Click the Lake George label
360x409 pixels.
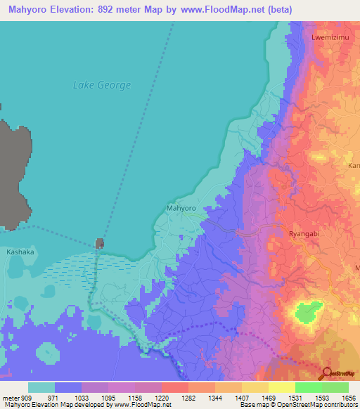click(x=102, y=85)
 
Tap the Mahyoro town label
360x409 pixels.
click(x=181, y=209)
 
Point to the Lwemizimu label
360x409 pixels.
click(x=328, y=36)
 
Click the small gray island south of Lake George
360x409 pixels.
click(x=100, y=243)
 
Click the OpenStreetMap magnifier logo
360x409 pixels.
click(x=326, y=374)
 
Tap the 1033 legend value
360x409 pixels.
click(x=83, y=397)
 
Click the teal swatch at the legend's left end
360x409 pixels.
click(x=41, y=387)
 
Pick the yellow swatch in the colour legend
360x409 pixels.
click(x=281, y=387)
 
